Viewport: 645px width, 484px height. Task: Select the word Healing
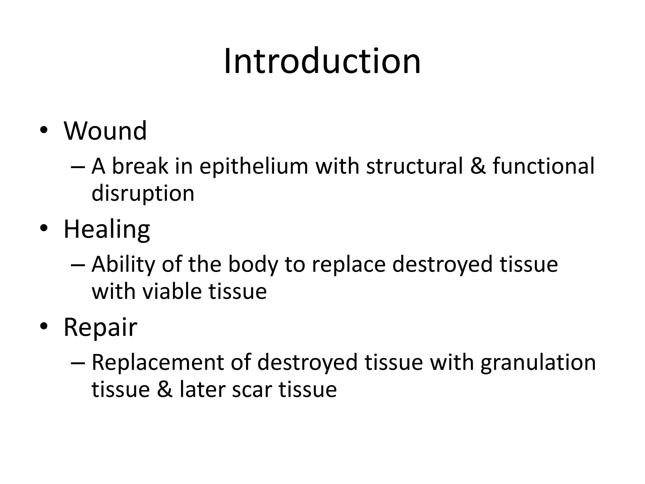click(107, 229)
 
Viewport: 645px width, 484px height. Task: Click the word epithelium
click(254, 166)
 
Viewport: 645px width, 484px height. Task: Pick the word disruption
click(143, 193)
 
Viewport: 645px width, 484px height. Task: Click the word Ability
click(123, 265)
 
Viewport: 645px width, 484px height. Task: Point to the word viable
click(172, 291)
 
